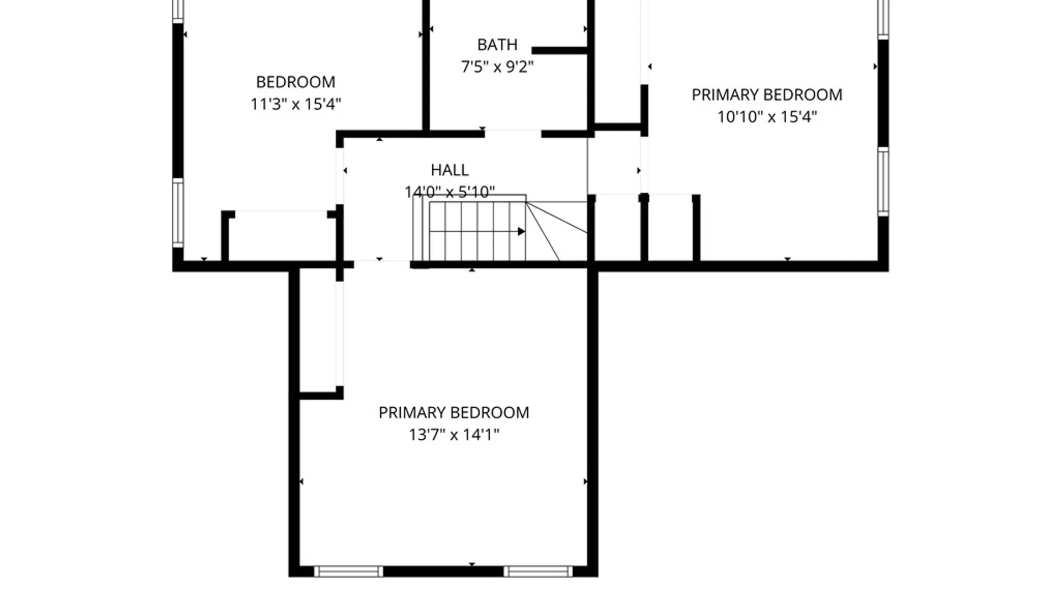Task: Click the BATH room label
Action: pos(497,45)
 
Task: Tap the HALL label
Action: pos(449,170)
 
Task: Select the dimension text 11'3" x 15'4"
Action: pos(295,104)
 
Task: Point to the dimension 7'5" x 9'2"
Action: pos(497,67)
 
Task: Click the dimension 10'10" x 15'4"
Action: pos(767,117)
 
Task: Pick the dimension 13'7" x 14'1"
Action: pos(454,435)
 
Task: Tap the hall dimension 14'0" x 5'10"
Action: pos(449,192)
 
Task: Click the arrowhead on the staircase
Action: pos(521,231)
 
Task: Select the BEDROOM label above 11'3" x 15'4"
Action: pos(295,82)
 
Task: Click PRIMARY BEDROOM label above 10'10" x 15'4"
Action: pos(767,95)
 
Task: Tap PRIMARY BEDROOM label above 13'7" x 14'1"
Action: pos(454,413)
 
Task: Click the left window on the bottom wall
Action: pos(348,572)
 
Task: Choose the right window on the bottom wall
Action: pos(538,572)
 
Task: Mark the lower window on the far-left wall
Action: pos(178,213)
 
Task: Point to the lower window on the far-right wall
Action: pos(883,182)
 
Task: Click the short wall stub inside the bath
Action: pos(559,51)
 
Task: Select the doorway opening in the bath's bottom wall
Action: pos(513,134)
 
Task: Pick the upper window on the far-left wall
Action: pos(178,11)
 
